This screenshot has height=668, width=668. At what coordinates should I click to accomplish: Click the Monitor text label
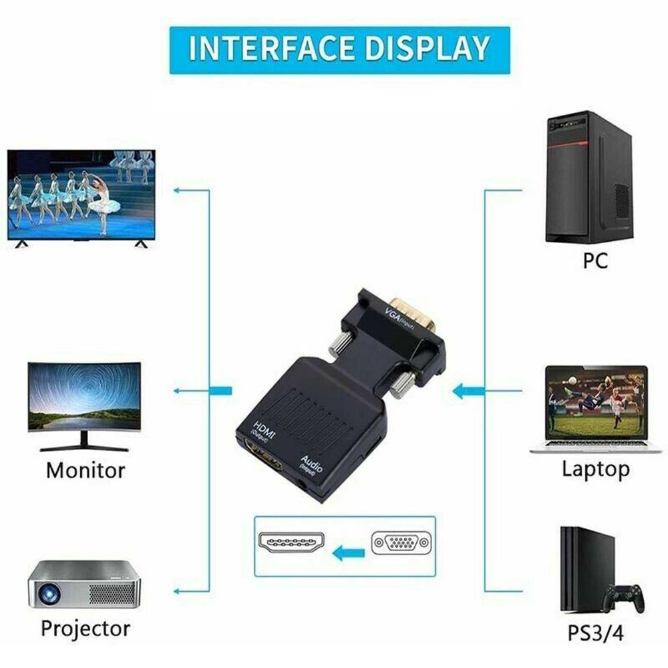tap(85, 470)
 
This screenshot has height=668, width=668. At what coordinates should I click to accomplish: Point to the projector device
tap(84, 585)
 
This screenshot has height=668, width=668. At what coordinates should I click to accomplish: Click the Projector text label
tap(85, 629)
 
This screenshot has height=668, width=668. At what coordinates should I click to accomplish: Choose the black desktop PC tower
tap(589, 177)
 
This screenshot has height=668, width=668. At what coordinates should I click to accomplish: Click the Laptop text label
tap(595, 470)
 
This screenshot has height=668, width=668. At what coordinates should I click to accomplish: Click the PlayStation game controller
tap(623, 597)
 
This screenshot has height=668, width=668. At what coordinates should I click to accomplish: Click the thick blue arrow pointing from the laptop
tap(468, 391)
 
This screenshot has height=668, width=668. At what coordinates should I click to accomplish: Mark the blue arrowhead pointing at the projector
tap(177, 591)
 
